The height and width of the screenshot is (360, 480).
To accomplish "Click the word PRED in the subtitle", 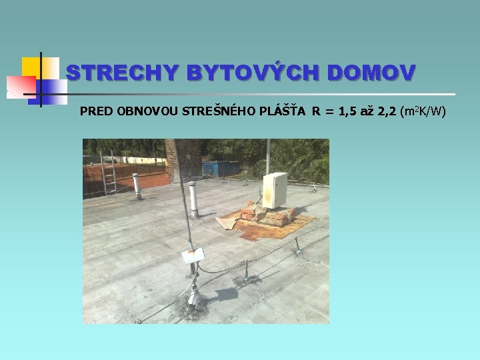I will tap(96, 111).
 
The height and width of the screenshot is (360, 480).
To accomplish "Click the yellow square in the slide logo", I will tap(31, 67).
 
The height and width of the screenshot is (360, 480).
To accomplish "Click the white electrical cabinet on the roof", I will tap(275, 189).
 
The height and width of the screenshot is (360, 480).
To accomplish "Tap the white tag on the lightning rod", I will tap(193, 255).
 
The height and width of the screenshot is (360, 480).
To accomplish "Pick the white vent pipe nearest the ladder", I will tap(137, 186).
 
